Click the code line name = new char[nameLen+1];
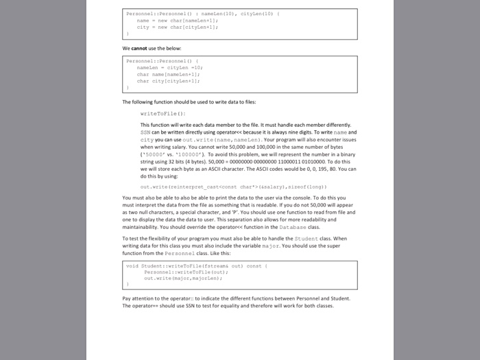click(178, 21)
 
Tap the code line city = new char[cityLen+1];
click(178, 27)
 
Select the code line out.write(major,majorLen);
click(180, 278)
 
